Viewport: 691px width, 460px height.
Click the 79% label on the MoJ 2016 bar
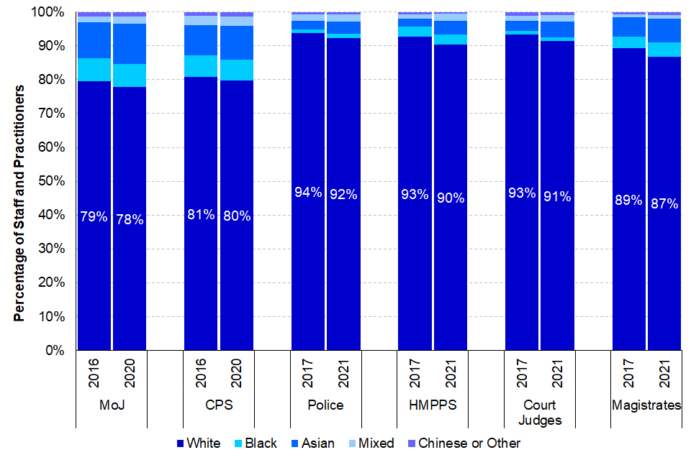tap(94, 216)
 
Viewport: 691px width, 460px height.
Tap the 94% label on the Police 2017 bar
tap(308, 192)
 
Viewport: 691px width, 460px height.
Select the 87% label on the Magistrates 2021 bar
tap(664, 203)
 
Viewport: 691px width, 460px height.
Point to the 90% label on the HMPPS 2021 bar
tap(451, 198)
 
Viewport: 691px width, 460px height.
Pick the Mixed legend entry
tap(372, 443)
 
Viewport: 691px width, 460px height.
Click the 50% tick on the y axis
tap(53, 181)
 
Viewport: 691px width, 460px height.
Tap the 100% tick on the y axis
tap(50, 13)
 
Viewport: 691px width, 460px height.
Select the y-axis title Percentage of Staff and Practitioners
tap(20, 203)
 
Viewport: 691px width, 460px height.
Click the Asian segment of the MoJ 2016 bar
tap(94, 40)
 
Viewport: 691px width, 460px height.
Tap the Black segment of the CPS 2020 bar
tap(237, 70)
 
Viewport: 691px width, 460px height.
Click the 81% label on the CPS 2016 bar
tap(201, 215)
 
